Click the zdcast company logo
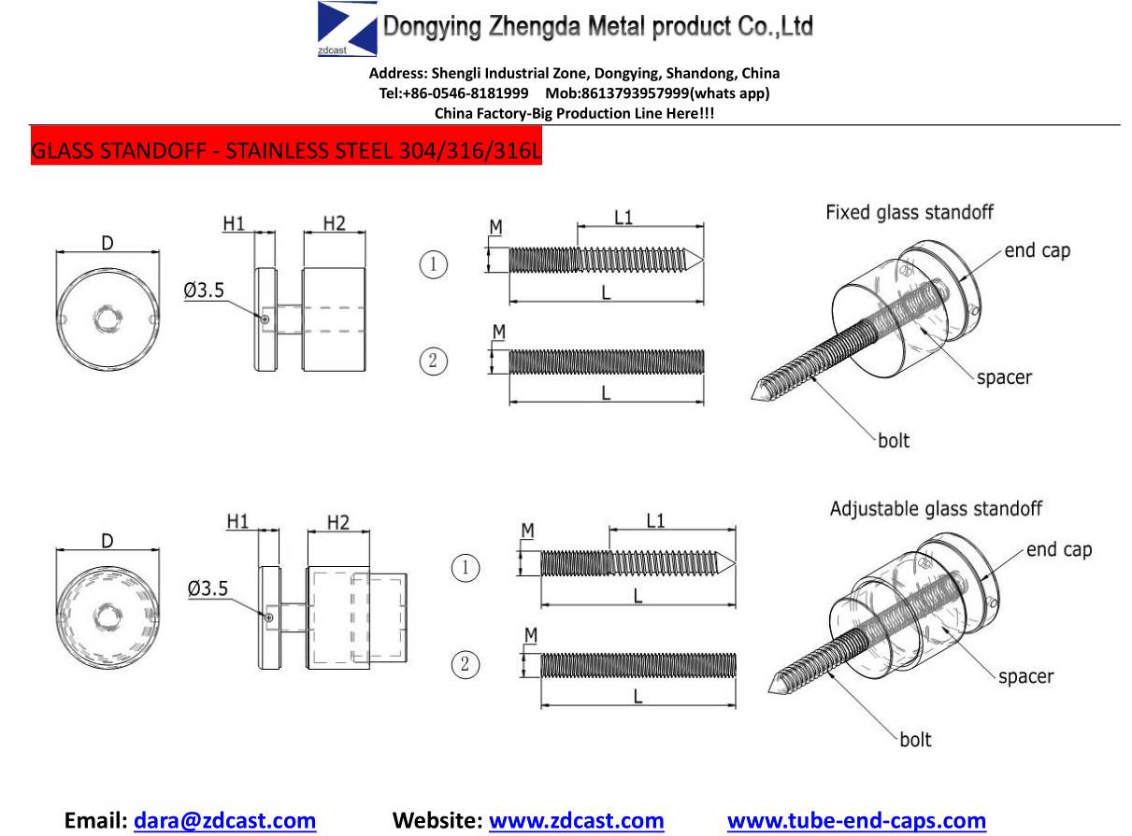tap(347, 29)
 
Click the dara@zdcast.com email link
tap(224, 820)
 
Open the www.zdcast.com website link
tap(576, 820)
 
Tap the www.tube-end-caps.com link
tap(856, 820)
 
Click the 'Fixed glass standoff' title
tap(909, 212)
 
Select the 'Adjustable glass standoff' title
tap(936, 508)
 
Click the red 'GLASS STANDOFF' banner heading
tap(286, 150)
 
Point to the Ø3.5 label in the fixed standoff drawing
tap(204, 290)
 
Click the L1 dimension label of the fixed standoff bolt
tap(623, 218)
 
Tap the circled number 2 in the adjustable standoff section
tap(465, 664)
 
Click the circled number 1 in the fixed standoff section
tap(434, 264)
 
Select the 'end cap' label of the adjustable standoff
tap(1059, 549)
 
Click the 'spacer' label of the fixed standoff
tap(1004, 377)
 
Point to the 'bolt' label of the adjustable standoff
tap(915, 739)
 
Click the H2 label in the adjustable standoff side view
tap(337, 522)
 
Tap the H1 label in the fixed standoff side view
tap(234, 223)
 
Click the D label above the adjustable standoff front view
tap(107, 541)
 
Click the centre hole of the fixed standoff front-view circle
tap(107, 319)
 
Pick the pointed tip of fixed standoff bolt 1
tap(703, 260)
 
